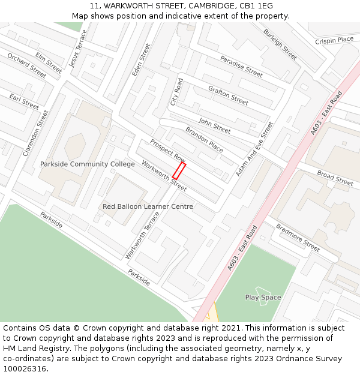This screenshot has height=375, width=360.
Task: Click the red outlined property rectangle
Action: tap(179, 171)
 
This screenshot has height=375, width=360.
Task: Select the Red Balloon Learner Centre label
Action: tap(148, 206)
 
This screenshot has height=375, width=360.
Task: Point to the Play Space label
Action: tap(263, 298)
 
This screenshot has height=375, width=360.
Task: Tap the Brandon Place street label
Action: tap(204, 140)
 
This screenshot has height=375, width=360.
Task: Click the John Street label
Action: tap(214, 126)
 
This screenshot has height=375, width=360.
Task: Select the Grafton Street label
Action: tap(228, 95)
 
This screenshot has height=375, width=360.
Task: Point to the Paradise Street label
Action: tap(241, 67)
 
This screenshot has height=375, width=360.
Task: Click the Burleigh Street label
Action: tap(280, 44)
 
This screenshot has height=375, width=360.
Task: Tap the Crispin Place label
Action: tap(334, 40)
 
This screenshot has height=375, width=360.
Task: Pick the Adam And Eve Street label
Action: tap(254, 149)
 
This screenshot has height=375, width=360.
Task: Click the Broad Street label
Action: tap(335, 178)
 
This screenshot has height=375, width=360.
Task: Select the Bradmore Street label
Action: tap(298, 238)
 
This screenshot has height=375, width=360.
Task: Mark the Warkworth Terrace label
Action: tap(142, 235)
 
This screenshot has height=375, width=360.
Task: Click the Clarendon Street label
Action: tap(35, 133)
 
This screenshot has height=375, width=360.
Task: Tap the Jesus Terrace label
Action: tap(79, 47)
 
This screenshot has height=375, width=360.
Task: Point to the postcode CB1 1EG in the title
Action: tap(258, 6)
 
